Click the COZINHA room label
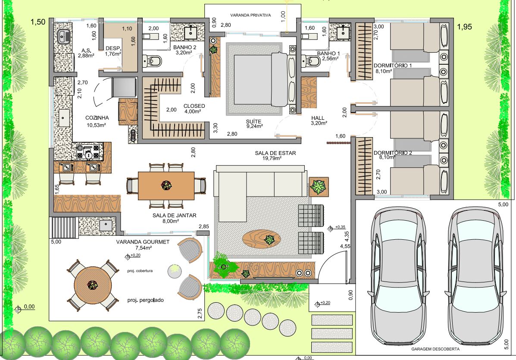point(97,118)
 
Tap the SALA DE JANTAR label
point(175,216)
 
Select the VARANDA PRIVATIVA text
point(250,15)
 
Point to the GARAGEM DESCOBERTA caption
point(435,349)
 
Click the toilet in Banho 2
point(152,60)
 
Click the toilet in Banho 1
point(311,61)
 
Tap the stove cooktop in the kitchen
point(88,152)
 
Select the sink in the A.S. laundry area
point(63,37)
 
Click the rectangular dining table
point(166,185)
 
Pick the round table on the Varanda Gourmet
point(93,285)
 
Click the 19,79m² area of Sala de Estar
point(272,158)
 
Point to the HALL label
point(318,118)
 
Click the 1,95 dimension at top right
point(464,27)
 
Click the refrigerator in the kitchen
point(125,88)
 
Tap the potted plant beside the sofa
point(319,187)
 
